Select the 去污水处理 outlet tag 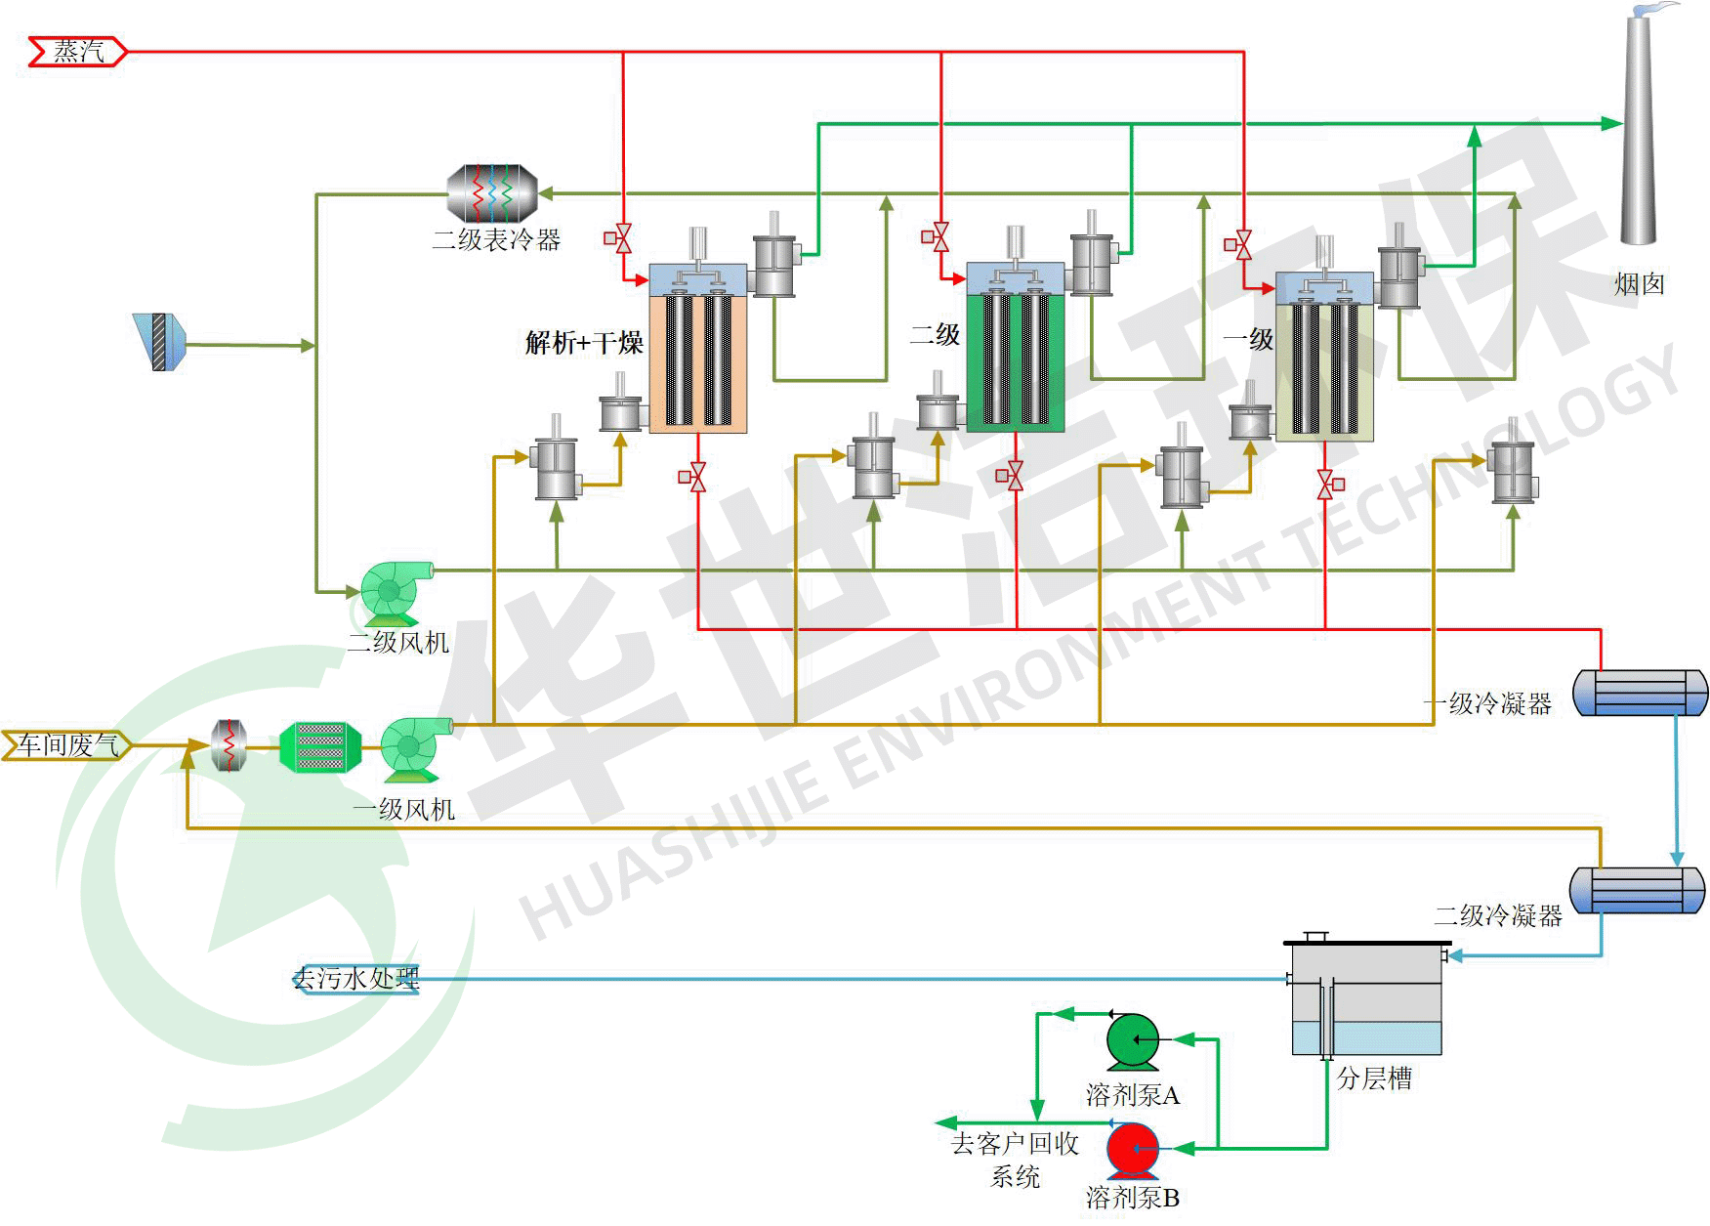(x=356, y=979)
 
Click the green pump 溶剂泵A (x=1133, y=1041)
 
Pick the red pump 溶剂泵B (x=1132, y=1150)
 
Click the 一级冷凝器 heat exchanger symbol (x=1640, y=693)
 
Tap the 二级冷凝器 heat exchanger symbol (x=1638, y=889)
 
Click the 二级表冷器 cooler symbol (x=492, y=193)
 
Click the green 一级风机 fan (x=414, y=748)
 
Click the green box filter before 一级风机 (x=320, y=747)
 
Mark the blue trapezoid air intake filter (x=159, y=342)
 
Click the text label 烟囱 (x=1638, y=284)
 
